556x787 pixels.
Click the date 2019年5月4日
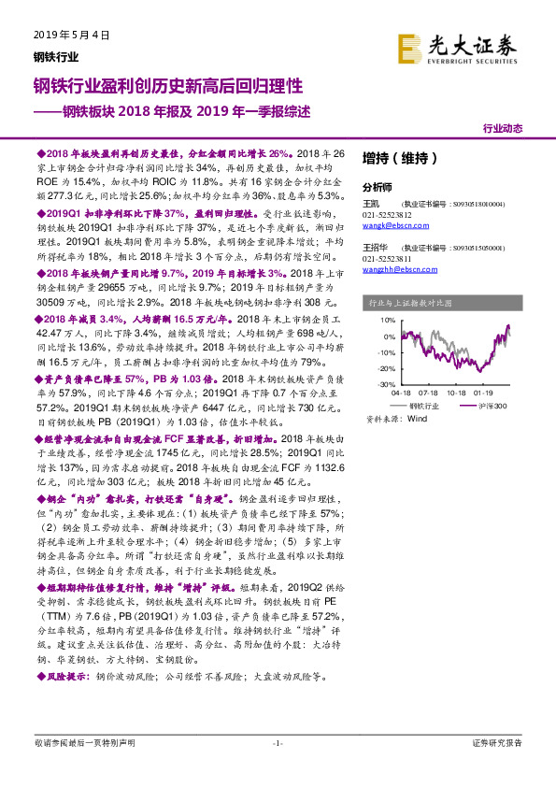pos(65,35)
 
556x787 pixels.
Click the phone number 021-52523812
pos(388,214)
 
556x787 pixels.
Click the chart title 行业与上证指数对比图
pos(410,303)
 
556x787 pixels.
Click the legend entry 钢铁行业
pos(435,406)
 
